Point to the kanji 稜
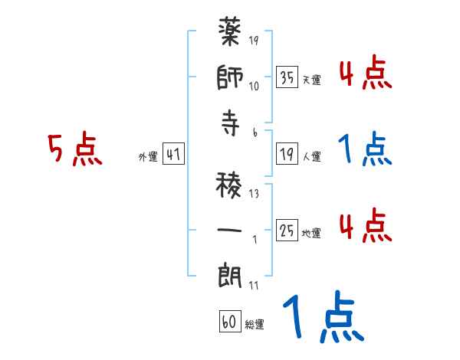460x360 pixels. [x=232, y=184]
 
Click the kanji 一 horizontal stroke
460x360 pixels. [x=232, y=228]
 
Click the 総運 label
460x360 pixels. [x=254, y=324]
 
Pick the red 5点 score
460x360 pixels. [x=74, y=149]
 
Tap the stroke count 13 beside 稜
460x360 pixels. [x=255, y=193]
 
